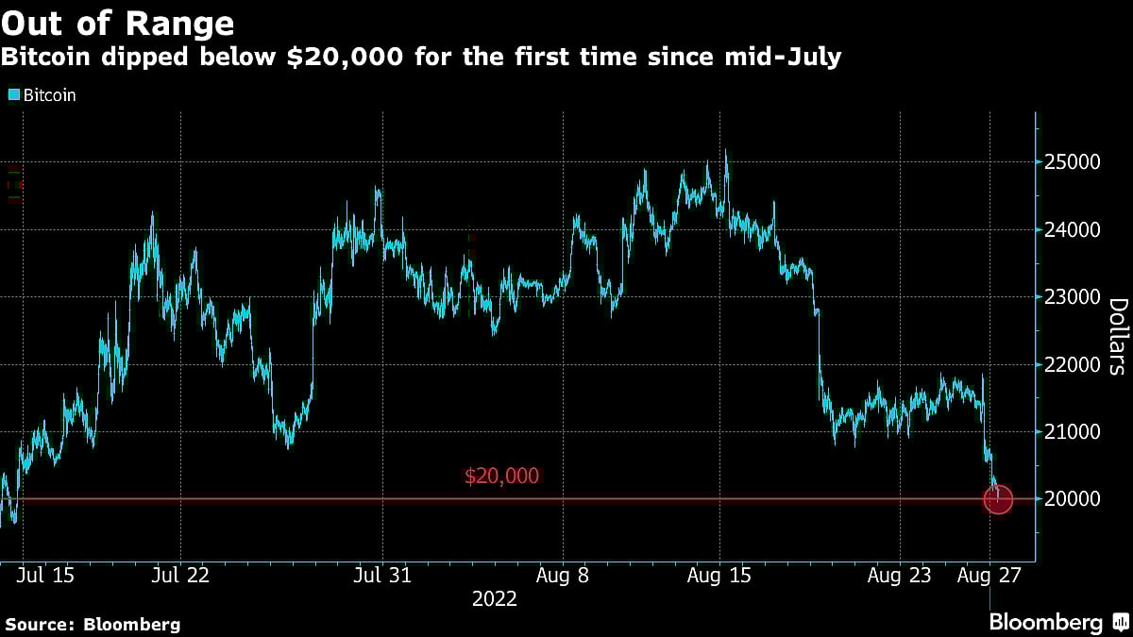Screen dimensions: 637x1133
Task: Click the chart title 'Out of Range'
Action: pyautogui.click(x=119, y=22)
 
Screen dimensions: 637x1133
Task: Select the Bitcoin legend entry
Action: pyautogui.click(x=43, y=95)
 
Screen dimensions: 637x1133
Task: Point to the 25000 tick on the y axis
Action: pyautogui.click(x=1077, y=162)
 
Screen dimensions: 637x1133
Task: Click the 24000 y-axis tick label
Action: pyautogui.click(x=1077, y=230)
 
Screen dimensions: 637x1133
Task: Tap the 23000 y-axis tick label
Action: pyautogui.click(x=1077, y=297)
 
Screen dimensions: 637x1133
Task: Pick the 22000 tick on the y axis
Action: pyautogui.click(x=1077, y=365)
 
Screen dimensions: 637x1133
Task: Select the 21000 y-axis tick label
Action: pyautogui.click(x=1077, y=432)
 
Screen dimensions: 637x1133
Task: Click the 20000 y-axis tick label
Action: pyautogui.click(x=1077, y=499)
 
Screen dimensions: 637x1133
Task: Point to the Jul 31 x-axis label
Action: pyautogui.click(x=382, y=575)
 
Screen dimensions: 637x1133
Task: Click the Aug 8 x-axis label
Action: pyautogui.click(x=563, y=575)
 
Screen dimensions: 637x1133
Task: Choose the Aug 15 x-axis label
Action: pyautogui.click(x=719, y=575)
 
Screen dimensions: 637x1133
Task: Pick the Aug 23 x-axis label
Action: pyautogui.click(x=899, y=575)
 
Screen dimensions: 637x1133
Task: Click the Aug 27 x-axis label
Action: pyautogui.click(x=989, y=575)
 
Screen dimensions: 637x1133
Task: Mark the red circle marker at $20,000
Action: pyautogui.click(x=998, y=499)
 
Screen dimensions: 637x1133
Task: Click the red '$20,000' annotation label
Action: pyautogui.click(x=501, y=477)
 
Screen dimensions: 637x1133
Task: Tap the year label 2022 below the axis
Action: pyautogui.click(x=495, y=599)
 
